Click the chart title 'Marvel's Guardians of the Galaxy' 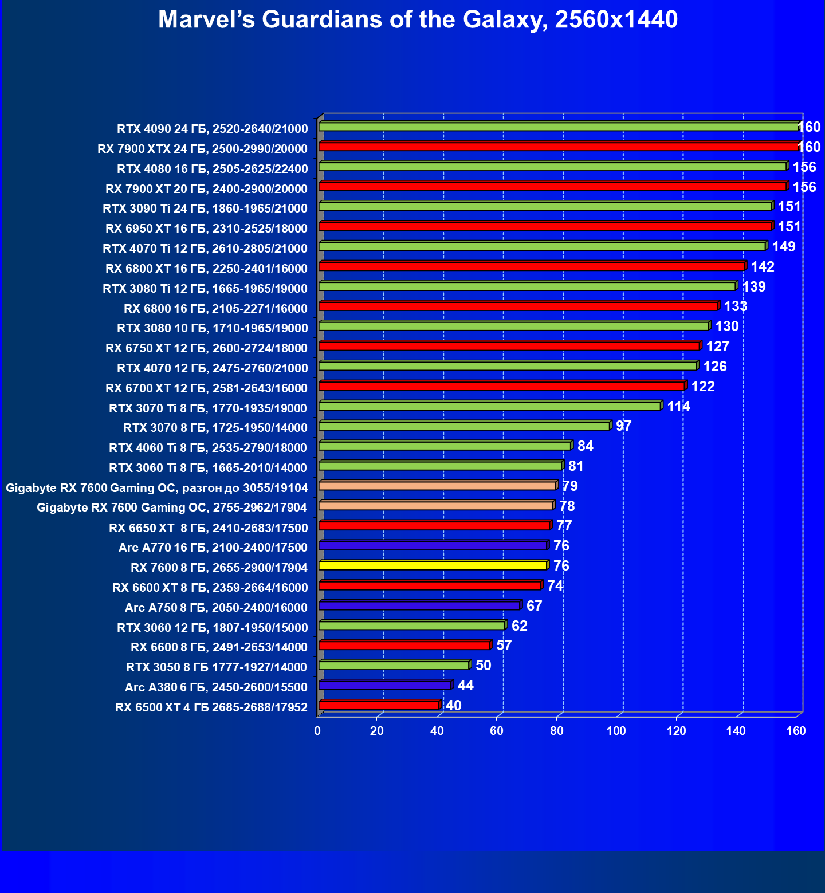[x=418, y=19]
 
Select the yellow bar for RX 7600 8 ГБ [x=433, y=566]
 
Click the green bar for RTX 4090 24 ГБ [x=559, y=127]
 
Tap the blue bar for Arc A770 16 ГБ [x=433, y=546]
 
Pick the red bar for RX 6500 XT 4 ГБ [x=379, y=705]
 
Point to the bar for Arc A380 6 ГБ [x=385, y=686]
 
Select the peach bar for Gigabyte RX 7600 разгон [x=437, y=486]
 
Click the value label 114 [x=678, y=407]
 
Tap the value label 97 [x=623, y=426]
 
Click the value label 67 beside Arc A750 [x=534, y=606]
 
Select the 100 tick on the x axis [x=616, y=731]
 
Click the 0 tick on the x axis [x=317, y=731]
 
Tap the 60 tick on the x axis [x=497, y=731]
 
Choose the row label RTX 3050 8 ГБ [x=217, y=667]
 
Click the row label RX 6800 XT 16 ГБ [x=206, y=269]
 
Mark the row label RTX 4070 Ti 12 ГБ [x=205, y=249]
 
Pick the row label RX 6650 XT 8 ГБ [x=208, y=528]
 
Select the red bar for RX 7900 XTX [x=559, y=147]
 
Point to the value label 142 [x=762, y=267]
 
